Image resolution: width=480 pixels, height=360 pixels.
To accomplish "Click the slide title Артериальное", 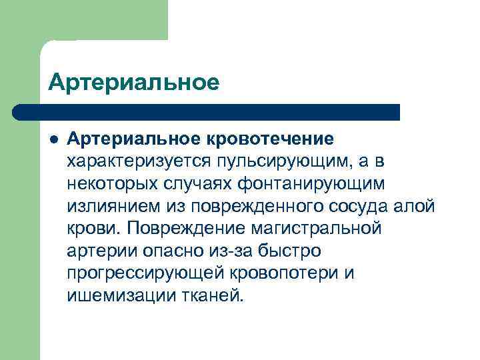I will [x=134, y=83].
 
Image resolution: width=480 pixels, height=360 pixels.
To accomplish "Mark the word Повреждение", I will [x=179, y=229].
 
